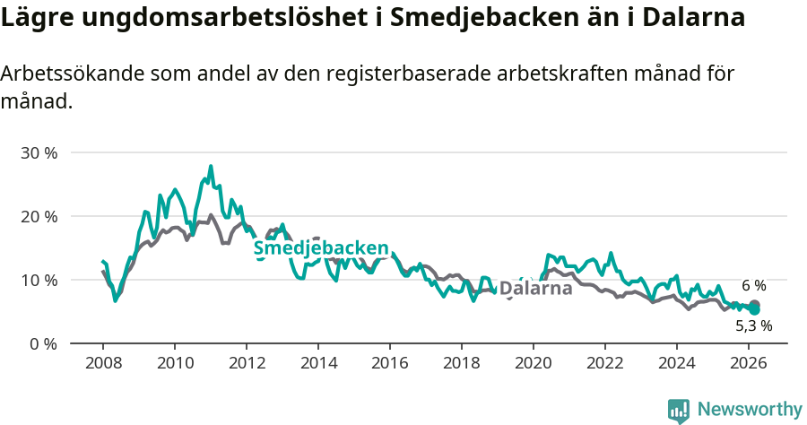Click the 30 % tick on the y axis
pos(39,152)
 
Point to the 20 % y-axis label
pos(39,216)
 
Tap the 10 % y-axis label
pos(39,280)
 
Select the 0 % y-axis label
pos(42,343)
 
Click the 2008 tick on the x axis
pos(102,363)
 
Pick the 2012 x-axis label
pos(246,363)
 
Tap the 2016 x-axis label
pos(390,363)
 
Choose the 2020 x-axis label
pos(534,363)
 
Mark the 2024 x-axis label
pos(677,363)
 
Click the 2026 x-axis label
pos(749,363)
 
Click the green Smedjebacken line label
pos(321,248)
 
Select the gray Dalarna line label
pos(535,289)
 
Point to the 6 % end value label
pos(754,286)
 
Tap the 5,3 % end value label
pos(754,326)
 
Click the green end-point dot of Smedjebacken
pos(754,309)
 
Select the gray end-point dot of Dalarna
pos(754,305)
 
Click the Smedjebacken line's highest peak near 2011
pos(211,166)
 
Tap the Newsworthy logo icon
pos(679,411)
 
